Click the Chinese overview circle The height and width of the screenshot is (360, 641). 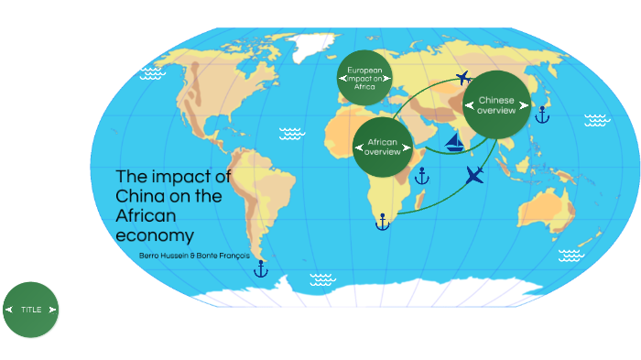pyautogui.click(x=497, y=104)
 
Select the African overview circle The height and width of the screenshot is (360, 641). pyautogui.click(x=383, y=147)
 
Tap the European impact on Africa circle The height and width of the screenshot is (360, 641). pyautogui.click(x=365, y=78)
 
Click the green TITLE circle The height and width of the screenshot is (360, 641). pyautogui.click(x=30, y=310)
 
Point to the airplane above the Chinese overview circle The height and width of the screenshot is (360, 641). pyautogui.click(x=463, y=77)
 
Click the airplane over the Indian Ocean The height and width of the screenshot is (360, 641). pyautogui.click(x=474, y=175)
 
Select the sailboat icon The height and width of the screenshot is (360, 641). pyautogui.click(x=453, y=142)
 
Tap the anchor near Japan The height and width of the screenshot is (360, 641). pyautogui.click(x=540, y=115)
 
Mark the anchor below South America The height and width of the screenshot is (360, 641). pyautogui.click(x=260, y=268)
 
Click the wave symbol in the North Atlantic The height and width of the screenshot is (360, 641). pyautogui.click(x=291, y=134)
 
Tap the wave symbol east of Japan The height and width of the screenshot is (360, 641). pyautogui.click(x=596, y=120)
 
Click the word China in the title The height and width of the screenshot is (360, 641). pyautogui.click(x=138, y=196)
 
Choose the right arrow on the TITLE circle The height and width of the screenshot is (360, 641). pyautogui.click(x=53, y=310)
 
